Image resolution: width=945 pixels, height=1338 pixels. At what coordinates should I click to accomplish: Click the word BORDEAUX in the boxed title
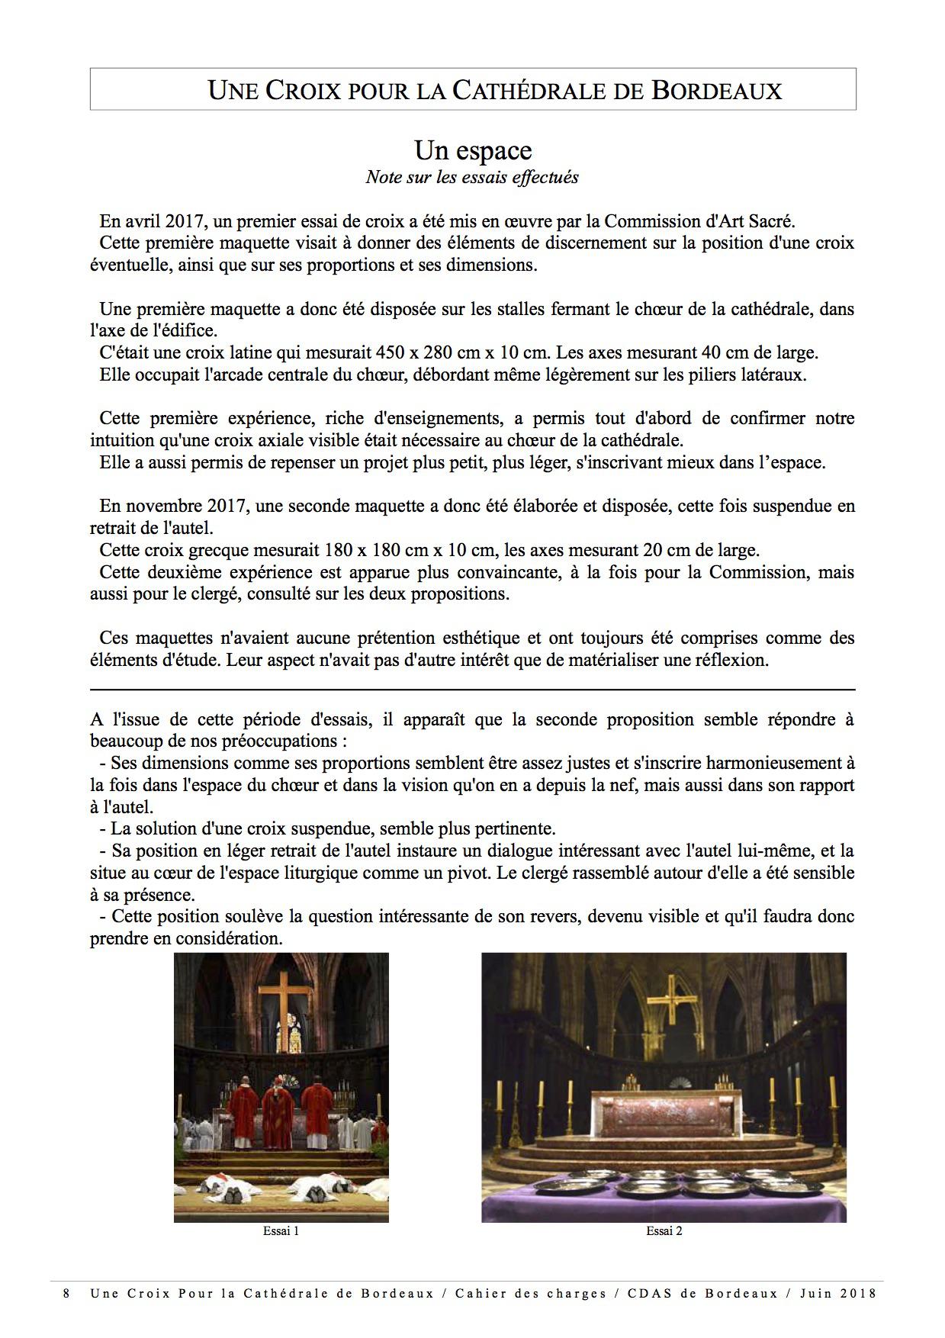coord(716,90)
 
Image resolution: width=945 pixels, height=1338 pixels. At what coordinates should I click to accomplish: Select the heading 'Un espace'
coord(472,150)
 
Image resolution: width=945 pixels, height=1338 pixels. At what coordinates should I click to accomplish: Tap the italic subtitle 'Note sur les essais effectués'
coord(472,177)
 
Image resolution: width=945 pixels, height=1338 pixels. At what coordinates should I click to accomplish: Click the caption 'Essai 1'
coord(281,1230)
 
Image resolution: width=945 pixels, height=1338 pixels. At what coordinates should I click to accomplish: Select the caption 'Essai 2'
coord(664,1230)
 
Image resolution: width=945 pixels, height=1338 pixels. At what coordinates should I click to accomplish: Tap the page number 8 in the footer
coord(67,1294)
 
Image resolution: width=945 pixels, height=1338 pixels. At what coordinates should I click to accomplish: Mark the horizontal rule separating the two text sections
coord(472,690)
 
